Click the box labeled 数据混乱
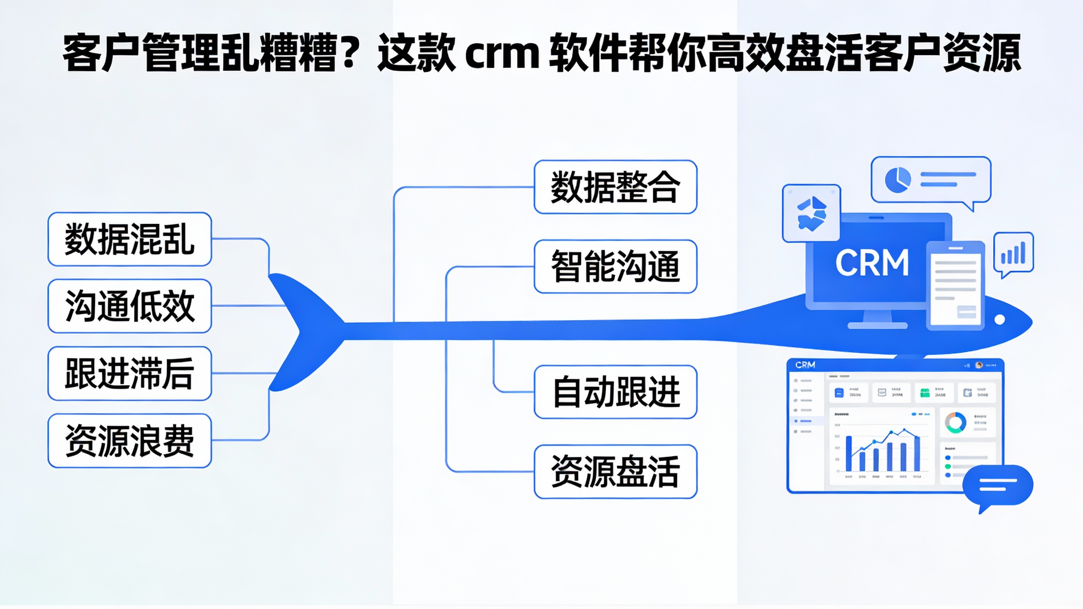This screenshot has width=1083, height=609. [x=130, y=239]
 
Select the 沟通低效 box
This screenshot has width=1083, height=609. [x=130, y=306]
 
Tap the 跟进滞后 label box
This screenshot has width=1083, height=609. [x=130, y=373]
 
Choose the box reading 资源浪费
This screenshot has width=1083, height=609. [x=130, y=441]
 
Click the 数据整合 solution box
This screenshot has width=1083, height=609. [x=615, y=187]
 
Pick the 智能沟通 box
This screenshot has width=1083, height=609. [x=615, y=266]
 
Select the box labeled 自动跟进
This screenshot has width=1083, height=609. [x=615, y=392]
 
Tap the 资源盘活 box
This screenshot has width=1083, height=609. [x=615, y=471]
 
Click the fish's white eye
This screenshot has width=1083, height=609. [x=1000, y=320]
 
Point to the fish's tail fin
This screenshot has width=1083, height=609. [x=303, y=333]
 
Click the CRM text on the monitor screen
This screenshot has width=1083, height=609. [x=872, y=263]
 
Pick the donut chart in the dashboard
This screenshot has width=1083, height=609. [x=955, y=422]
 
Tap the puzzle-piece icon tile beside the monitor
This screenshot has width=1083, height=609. [x=811, y=214]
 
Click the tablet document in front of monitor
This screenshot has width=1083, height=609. [x=955, y=286]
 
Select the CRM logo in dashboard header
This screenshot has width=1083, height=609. [x=805, y=365]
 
